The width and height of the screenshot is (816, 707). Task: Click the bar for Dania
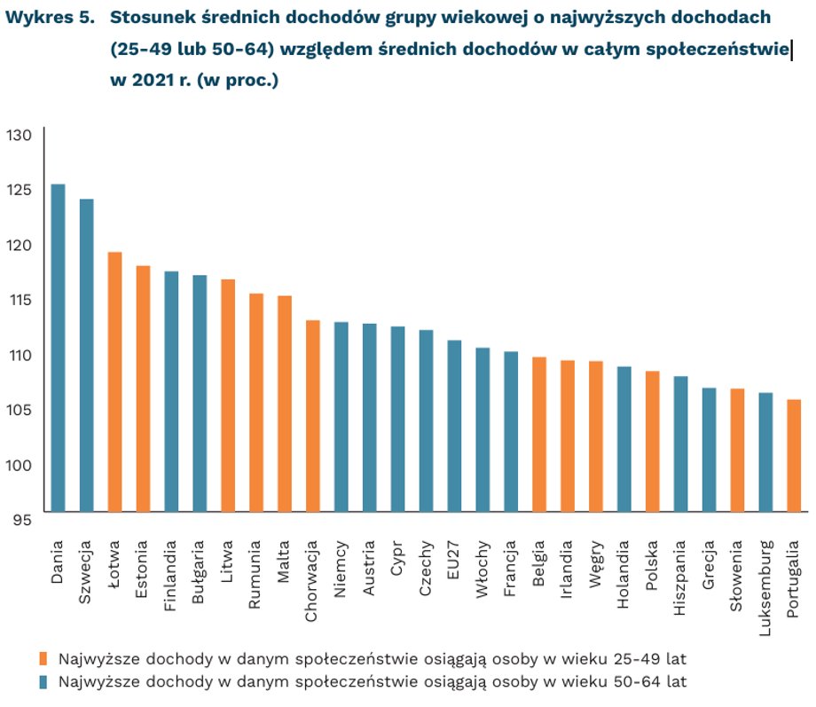pos(58,348)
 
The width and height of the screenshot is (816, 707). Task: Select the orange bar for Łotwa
pos(114,381)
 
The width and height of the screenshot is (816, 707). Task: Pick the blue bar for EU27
pos(454,426)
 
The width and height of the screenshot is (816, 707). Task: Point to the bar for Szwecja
pos(86,355)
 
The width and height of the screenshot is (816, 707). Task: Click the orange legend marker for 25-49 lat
pos(43,658)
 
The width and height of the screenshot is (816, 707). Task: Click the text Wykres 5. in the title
pos(50,18)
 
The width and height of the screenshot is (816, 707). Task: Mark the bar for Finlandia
pos(171,391)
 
